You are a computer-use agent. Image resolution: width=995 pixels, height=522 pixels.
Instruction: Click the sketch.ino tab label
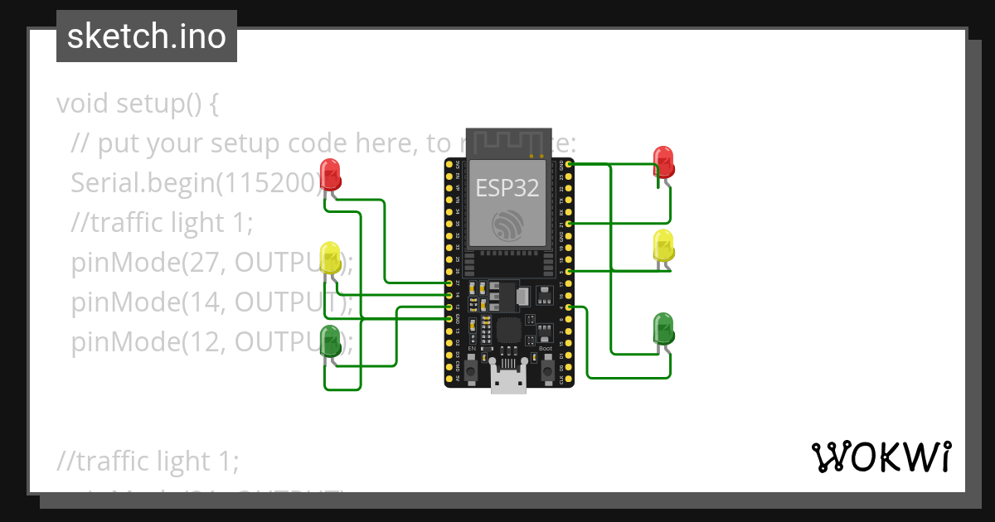[x=146, y=36]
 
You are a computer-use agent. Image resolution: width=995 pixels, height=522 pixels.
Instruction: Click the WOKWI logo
[x=881, y=457]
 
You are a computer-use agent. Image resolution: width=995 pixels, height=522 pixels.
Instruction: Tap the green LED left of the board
[x=330, y=341]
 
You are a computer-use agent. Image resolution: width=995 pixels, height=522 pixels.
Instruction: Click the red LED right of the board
[x=664, y=162]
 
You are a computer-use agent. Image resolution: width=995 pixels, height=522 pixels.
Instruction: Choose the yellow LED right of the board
[x=664, y=246]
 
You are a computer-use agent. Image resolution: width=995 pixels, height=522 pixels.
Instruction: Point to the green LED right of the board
[x=664, y=329]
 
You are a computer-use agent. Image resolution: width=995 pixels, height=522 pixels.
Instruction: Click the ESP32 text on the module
[x=507, y=188]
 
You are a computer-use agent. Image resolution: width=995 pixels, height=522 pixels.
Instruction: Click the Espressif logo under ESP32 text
[x=507, y=225]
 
